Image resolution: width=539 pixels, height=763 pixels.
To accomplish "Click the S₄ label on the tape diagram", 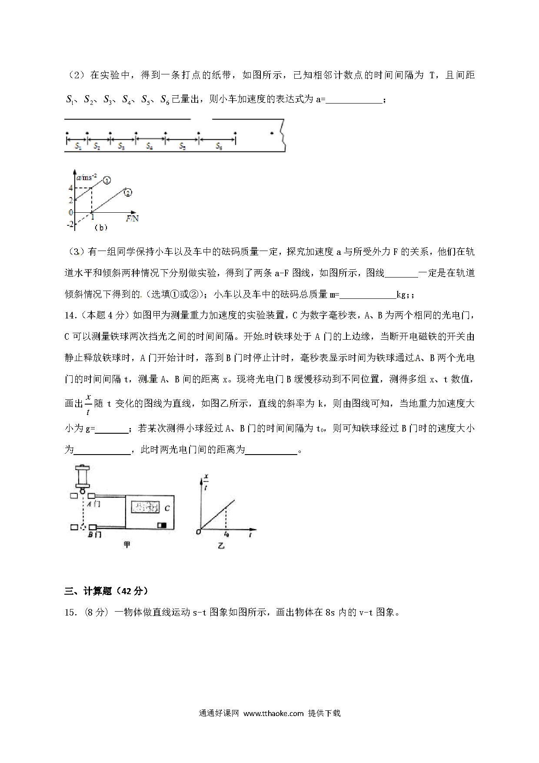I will pos(149,147).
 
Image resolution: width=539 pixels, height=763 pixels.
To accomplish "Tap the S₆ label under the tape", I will pos(219,147).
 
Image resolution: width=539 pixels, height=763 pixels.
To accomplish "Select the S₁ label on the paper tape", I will pos(78,147).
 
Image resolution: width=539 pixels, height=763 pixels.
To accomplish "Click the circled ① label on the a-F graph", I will pos(107,180).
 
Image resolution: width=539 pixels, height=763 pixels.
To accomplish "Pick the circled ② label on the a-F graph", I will pos(128,192).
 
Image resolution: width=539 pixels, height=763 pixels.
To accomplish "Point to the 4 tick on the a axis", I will pos(70,188).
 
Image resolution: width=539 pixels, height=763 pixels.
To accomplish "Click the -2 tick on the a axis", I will pos(70,224).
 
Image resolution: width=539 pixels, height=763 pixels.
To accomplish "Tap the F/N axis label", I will pos(132,219).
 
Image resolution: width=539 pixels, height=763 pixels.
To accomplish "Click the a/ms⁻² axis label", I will pos(87,177).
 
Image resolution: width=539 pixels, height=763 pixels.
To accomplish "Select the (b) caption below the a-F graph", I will pos(101,228).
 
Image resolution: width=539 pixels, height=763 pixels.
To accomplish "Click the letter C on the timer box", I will pos(167,508).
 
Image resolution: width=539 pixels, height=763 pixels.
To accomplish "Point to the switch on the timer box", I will pos(162,525).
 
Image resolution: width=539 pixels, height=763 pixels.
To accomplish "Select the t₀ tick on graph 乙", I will pos(226,533).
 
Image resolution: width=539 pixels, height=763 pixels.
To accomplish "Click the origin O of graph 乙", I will pos(198,532).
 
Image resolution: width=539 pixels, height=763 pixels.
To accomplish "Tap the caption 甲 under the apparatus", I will pos(127,544).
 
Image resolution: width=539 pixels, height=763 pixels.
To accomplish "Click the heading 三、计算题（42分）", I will pos(106,591).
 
